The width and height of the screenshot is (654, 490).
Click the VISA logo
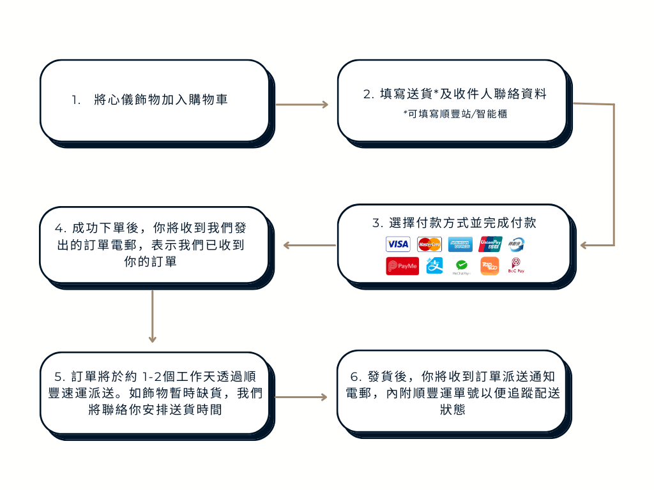coord(398,244)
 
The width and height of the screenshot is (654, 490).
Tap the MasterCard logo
coord(429,244)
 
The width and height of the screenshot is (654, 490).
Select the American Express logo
coord(460,244)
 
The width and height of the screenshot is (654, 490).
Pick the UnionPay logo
coord(490,244)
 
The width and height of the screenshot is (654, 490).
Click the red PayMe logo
coord(402,266)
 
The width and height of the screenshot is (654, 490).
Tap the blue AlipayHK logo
coord(434,265)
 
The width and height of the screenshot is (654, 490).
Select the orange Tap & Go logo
coord(489,265)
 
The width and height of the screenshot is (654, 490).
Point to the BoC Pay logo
coord(515,265)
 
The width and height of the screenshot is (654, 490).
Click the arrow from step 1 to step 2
coord(301,104)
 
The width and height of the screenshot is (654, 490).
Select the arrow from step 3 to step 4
coord(309,245)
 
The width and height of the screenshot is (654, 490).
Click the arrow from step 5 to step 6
coord(301,397)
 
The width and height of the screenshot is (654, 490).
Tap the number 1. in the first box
coord(77,100)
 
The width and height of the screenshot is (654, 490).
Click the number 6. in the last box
coord(356,376)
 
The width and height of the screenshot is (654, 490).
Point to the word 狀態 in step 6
coord(452,410)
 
